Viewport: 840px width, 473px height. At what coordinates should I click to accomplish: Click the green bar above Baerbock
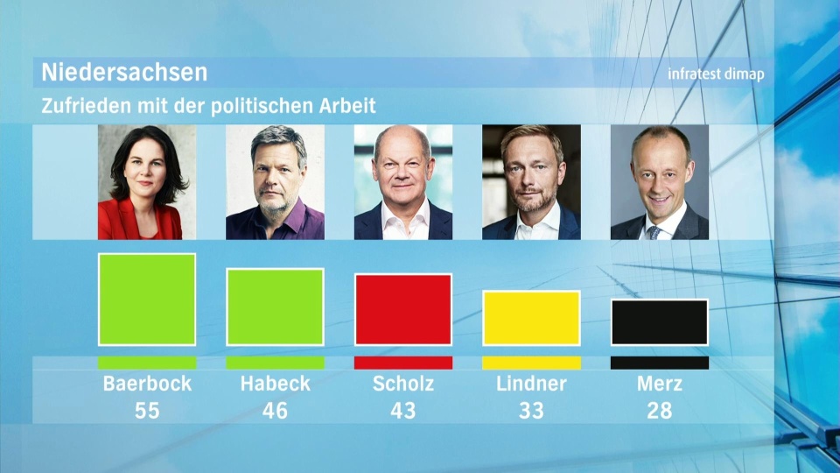(147, 300)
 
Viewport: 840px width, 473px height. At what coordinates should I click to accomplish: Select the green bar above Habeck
(275, 307)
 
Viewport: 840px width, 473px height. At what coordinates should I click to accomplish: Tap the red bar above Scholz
(402, 309)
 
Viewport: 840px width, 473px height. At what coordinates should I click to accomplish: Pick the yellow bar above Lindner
(531, 318)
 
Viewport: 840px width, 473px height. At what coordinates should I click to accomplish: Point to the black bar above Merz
(659, 322)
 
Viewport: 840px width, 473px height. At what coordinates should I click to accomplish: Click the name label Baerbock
(147, 384)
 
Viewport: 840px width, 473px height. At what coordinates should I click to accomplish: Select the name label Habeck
(275, 384)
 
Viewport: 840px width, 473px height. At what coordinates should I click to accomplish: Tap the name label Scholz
(402, 384)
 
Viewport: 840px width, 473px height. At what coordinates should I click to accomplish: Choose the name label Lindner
(531, 384)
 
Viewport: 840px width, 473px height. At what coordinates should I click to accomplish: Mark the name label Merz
(659, 384)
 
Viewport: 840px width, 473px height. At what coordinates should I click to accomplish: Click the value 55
(147, 410)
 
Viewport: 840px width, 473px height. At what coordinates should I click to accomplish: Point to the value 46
(275, 410)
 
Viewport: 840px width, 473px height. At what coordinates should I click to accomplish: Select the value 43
(402, 410)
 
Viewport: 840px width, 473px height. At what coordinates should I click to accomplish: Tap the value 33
(531, 410)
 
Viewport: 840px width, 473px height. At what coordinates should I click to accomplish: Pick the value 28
(659, 410)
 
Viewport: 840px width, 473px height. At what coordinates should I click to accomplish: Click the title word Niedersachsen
(124, 72)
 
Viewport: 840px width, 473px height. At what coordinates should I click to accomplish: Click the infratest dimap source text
(716, 74)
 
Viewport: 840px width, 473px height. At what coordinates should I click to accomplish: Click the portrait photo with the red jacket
(147, 182)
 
